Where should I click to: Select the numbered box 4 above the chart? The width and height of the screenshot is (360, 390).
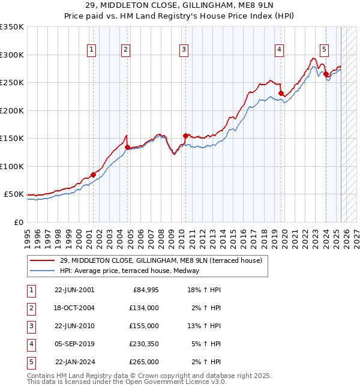pyautogui.click(x=280, y=50)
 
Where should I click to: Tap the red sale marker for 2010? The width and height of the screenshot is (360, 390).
pyautogui.click(x=185, y=136)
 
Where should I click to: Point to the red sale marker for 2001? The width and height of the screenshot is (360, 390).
pyautogui.click(x=93, y=175)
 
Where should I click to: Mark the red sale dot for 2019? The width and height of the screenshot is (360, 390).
pyautogui.click(x=281, y=94)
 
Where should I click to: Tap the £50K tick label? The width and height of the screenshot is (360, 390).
pyautogui.click(x=13, y=194)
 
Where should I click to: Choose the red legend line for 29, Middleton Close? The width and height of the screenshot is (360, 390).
pyautogui.click(x=43, y=261)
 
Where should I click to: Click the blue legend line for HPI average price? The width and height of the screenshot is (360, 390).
pyautogui.click(x=43, y=271)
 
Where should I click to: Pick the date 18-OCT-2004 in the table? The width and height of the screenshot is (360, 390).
pyautogui.click(x=74, y=308)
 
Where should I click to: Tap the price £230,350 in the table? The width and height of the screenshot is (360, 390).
pyautogui.click(x=142, y=344)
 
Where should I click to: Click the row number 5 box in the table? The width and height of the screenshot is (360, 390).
pyautogui.click(x=31, y=362)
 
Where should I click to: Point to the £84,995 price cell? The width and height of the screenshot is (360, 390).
pyautogui.click(x=145, y=290)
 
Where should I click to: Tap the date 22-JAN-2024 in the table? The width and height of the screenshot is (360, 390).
pyautogui.click(x=75, y=362)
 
